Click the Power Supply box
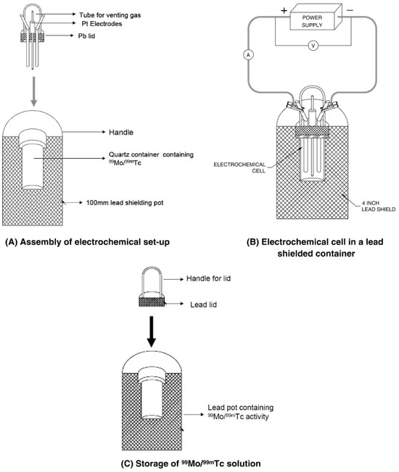(x=316, y=17)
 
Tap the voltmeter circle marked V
(x=313, y=46)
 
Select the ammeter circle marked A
(x=248, y=55)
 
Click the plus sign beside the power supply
(x=284, y=11)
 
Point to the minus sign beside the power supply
(x=350, y=10)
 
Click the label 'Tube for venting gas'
(x=110, y=15)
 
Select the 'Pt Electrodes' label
(x=102, y=24)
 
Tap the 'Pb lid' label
(x=87, y=36)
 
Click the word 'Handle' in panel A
(x=121, y=132)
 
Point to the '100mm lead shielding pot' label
(x=125, y=202)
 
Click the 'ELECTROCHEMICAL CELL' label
(x=239, y=167)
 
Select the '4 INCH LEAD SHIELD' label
(x=379, y=206)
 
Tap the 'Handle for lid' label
(x=208, y=278)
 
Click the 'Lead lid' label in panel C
(x=203, y=305)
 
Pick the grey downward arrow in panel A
(x=33, y=91)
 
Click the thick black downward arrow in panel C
(x=152, y=331)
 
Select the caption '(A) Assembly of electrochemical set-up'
(x=87, y=242)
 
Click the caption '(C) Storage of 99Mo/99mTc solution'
(x=191, y=463)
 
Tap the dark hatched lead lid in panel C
(x=152, y=302)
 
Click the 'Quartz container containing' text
(x=151, y=154)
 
